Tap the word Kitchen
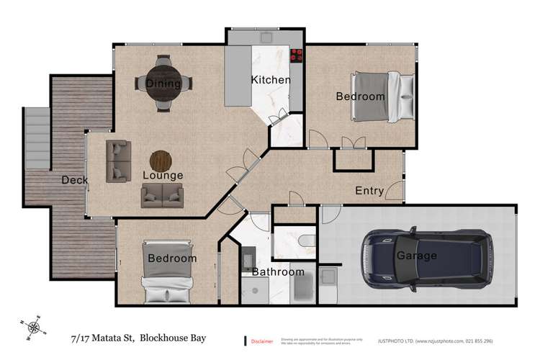coord(270,80)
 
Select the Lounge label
coord(162,175)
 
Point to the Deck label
coord(74,179)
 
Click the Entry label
coord(369,191)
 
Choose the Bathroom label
coord(278,272)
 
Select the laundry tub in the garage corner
coord(328,276)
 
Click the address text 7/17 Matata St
coord(102,337)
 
